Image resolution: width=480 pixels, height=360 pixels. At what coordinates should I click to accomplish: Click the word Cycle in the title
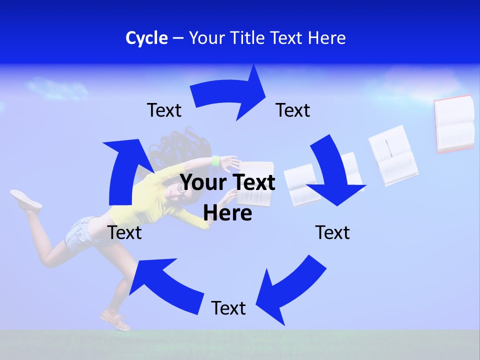146,38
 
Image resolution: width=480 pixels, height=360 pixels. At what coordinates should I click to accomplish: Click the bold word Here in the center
227,212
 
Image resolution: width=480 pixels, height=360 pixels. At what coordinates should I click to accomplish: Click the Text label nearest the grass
228,308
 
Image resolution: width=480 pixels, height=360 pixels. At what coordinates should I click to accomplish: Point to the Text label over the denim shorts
125,232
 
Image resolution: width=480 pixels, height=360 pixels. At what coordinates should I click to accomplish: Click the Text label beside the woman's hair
164,110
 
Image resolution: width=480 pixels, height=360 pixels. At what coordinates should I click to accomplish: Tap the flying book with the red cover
454,124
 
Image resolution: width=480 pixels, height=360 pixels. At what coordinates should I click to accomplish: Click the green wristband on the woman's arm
215,161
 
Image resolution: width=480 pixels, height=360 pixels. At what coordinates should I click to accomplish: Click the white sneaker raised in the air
26,199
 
